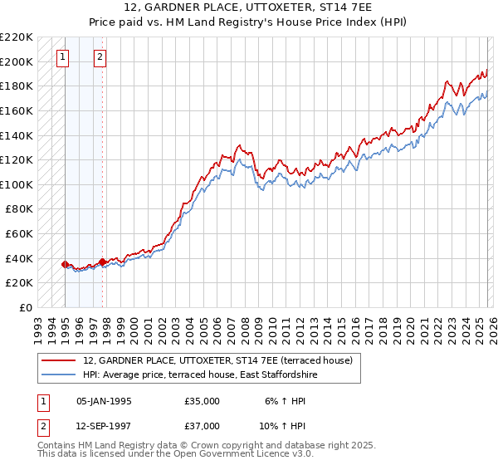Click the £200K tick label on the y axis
coord(17,61)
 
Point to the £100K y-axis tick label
coord(17,184)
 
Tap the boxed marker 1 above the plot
coord(64,57)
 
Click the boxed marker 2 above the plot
coord(100,57)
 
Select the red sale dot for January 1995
coord(65,264)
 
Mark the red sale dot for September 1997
coord(102,262)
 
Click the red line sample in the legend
coord(59,361)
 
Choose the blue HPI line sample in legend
coord(59,375)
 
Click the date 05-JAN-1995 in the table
coord(104,401)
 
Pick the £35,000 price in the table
coord(202,401)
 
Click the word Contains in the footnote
coord(57,445)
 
